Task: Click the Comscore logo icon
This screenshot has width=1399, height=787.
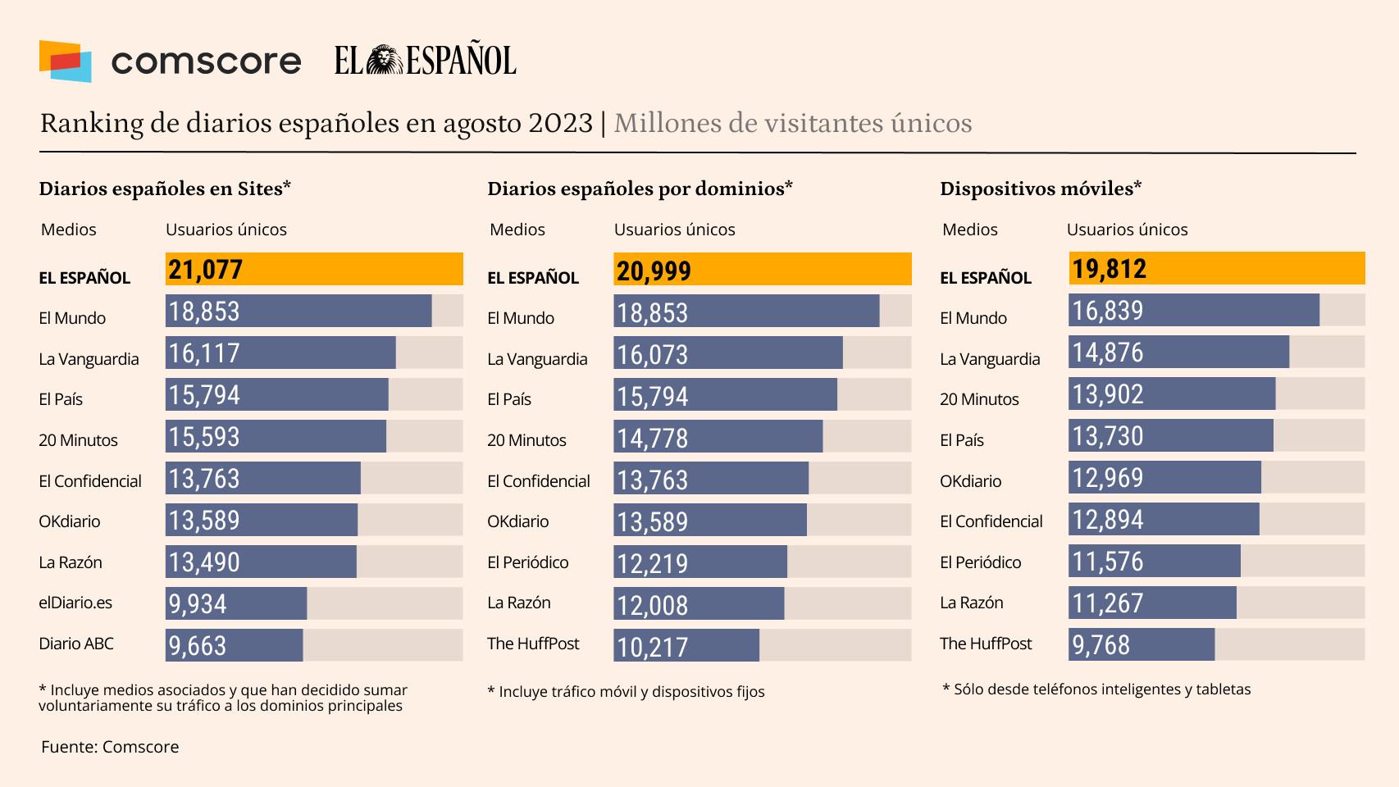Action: click(x=65, y=61)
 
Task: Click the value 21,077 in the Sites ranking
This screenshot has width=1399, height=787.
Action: click(x=206, y=270)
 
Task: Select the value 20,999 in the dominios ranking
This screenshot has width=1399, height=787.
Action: click(x=654, y=271)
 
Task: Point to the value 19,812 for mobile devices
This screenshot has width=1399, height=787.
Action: click(x=1109, y=269)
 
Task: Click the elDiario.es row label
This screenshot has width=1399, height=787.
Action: click(x=75, y=603)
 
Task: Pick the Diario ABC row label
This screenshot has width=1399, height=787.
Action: click(x=76, y=644)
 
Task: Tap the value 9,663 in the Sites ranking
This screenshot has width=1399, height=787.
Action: click(x=198, y=646)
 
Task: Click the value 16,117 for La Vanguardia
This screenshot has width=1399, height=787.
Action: click(x=204, y=353)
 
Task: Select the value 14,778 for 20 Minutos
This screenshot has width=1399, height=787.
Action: click(x=653, y=438)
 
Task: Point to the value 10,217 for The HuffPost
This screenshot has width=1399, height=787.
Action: click(x=653, y=647)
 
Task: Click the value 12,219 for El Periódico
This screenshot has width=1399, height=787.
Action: click(x=653, y=563)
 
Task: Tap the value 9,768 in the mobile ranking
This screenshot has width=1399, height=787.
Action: click(x=1101, y=645)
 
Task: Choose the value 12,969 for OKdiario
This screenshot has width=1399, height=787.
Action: click(x=1108, y=478)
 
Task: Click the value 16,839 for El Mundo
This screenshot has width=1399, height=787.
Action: click(x=1108, y=311)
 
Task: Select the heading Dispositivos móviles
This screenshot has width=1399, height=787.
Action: click(x=1041, y=189)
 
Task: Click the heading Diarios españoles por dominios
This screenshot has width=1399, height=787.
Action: click(x=640, y=189)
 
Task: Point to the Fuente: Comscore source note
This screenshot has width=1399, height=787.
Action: click(x=110, y=747)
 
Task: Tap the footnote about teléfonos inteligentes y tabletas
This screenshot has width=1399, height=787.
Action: click(x=1096, y=689)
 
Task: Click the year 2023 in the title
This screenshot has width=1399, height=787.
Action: click(x=560, y=123)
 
